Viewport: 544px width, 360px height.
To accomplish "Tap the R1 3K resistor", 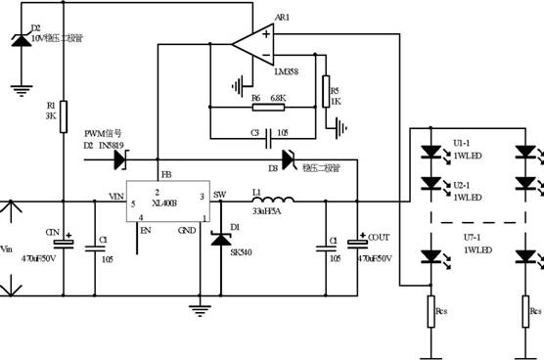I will click(x=63, y=112).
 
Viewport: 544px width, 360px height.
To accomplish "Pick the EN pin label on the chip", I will click(x=147, y=231).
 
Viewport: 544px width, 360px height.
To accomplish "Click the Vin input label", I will click(x=9, y=247).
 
